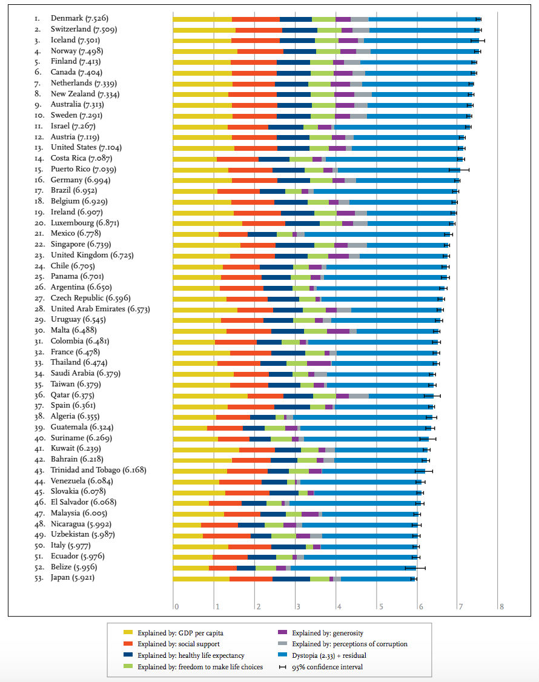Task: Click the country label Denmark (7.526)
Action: point(79,18)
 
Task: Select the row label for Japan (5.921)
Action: point(72,578)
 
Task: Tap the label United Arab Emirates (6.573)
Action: point(105,309)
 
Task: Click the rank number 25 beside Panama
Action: point(38,277)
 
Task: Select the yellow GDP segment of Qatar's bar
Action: point(210,396)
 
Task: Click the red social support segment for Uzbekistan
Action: point(227,535)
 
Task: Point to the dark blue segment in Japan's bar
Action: point(291,578)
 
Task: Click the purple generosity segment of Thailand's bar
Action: point(319,363)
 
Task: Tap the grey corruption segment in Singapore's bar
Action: point(357,245)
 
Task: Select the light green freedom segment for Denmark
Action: point(324,19)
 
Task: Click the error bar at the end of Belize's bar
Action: point(415,568)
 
